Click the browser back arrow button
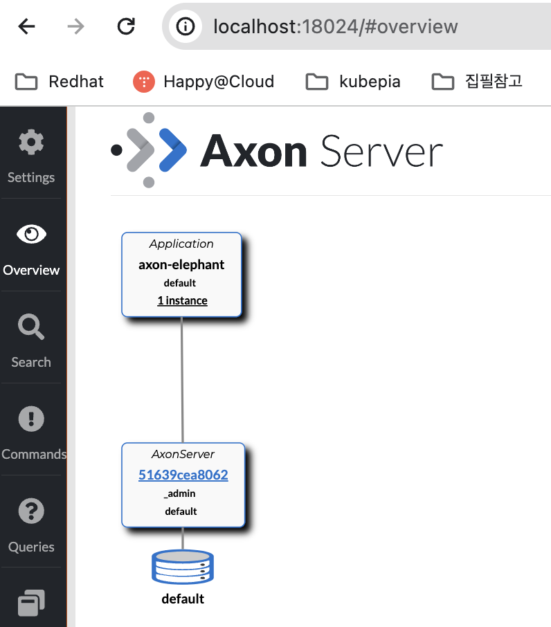(x=26, y=26)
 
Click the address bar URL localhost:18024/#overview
(x=335, y=26)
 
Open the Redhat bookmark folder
(x=60, y=82)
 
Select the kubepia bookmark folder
(x=353, y=82)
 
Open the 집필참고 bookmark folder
(x=477, y=82)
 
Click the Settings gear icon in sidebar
(x=30, y=143)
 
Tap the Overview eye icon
(x=31, y=235)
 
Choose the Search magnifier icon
(x=31, y=327)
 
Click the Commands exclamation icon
(x=31, y=419)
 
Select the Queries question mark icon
(x=31, y=511)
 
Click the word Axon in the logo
(x=253, y=151)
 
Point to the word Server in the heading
(x=381, y=151)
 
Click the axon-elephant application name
(x=181, y=264)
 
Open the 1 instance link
(x=182, y=300)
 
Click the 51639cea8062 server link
(x=183, y=475)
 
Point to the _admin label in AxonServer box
(x=180, y=493)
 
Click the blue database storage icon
(x=183, y=567)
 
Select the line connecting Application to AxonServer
(x=182, y=379)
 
